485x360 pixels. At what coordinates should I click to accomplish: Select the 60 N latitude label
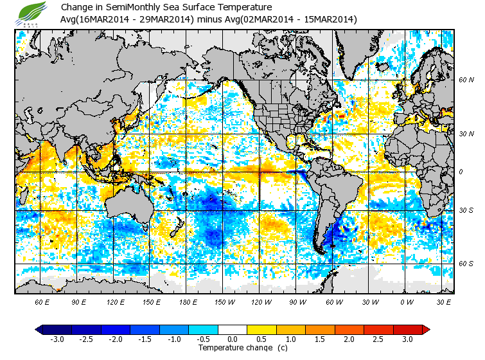click(466, 80)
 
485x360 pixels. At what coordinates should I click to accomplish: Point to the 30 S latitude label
click(466, 211)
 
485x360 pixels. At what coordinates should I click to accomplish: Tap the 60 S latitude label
click(466, 264)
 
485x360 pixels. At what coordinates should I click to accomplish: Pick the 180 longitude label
click(187, 301)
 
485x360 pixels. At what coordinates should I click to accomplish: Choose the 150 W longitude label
click(224, 301)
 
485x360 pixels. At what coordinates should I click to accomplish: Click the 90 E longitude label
click(79, 301)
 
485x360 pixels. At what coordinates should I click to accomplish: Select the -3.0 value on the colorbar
click(58, 339)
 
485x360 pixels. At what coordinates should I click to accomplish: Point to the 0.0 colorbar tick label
click(233, 339)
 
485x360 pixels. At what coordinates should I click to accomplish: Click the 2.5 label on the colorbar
click(383, 339)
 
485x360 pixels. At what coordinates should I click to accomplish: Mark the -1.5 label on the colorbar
click(145, 339)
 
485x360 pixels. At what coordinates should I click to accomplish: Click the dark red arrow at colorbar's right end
click(426, 330)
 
